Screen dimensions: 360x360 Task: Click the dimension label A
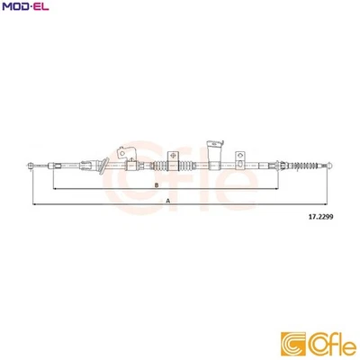pyautogui.click(x=168, y=202)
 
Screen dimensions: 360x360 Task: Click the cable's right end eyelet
pyautogui.click(x=332, y=164)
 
